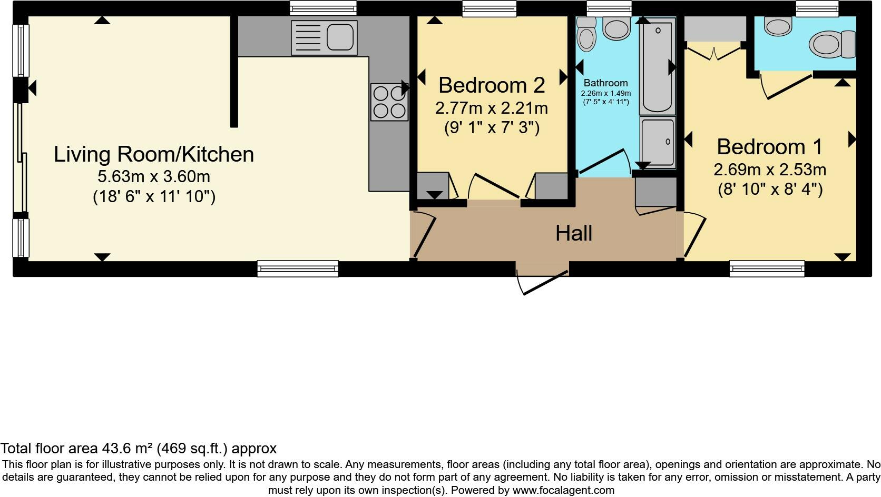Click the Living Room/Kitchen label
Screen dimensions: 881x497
[154, 154]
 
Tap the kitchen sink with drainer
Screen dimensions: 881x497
[324, 38]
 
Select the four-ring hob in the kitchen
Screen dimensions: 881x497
[389, 102]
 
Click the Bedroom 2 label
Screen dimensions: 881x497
[492, 85]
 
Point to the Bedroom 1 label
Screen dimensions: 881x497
[770, 147]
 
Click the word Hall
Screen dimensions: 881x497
[574, 233]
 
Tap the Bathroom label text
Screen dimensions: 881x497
[606, 83]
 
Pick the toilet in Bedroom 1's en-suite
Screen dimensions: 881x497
[833, 44]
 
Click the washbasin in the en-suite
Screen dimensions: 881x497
[778, 26]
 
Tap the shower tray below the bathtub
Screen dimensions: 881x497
[657, 142]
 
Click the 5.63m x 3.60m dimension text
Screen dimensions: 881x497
[154, 177]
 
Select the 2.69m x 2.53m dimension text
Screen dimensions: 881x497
[770, 170]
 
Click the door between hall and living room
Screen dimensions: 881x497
[424, 235]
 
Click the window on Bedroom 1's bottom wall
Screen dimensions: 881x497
[767, 269]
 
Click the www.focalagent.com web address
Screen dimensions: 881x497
[563, 490]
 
